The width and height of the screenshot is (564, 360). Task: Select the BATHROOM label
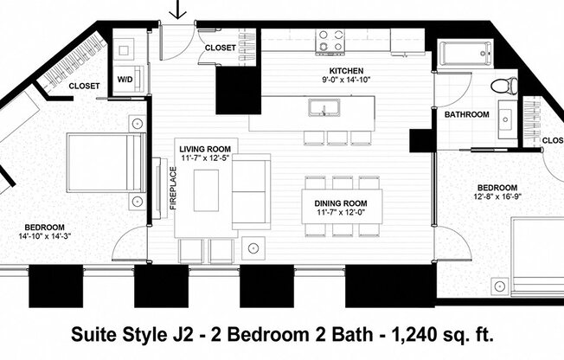tap(466, 114)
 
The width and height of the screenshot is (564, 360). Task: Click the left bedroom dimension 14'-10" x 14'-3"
tap(43, 235)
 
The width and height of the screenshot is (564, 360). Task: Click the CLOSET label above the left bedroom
tap(83, 86)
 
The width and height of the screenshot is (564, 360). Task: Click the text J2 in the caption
tap(177, 333)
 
